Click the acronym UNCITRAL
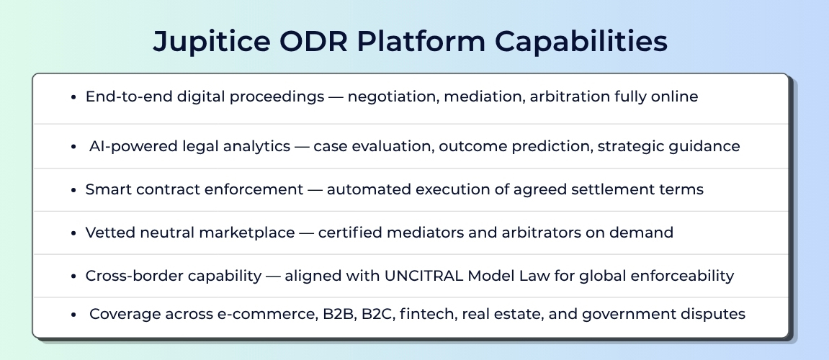(x=424, y=276)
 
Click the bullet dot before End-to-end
(x=74, y=97)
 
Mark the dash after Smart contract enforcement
(x=315, y=190)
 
